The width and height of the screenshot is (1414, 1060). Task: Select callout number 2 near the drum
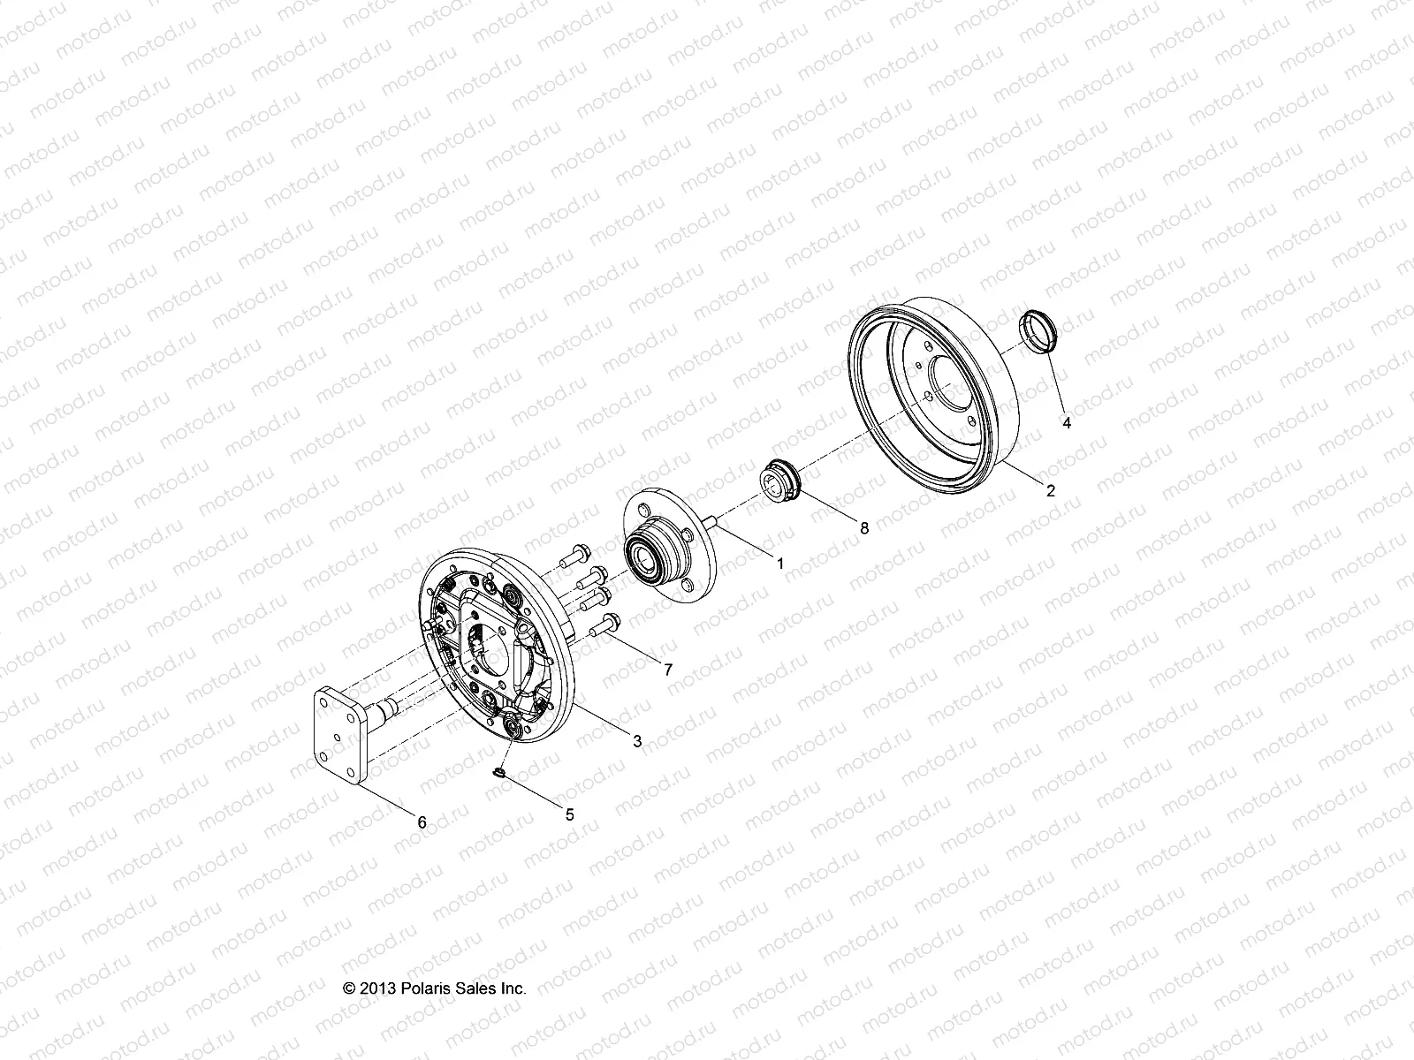pos(1051,492)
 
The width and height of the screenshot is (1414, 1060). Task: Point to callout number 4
pos(1067,423)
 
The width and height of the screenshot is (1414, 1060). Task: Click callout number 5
pos(569,814)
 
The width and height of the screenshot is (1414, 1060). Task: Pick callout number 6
pos(422,821)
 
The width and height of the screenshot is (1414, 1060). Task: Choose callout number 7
pos(667,670)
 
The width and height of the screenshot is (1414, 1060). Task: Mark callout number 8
pos(864,527)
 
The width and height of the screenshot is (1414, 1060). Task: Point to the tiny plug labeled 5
pos(498,775)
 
